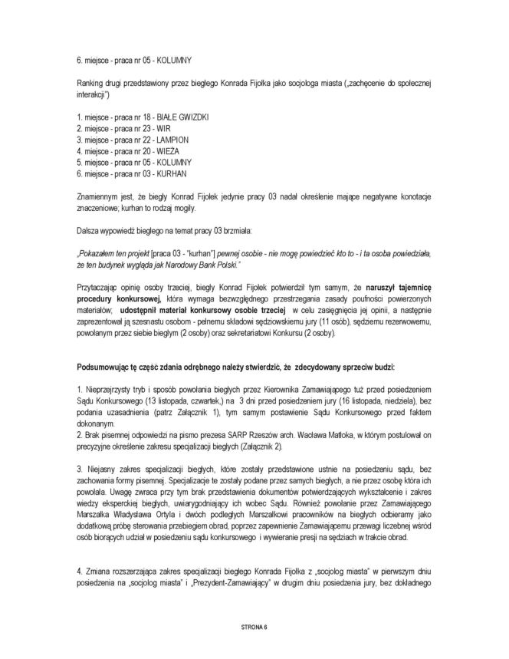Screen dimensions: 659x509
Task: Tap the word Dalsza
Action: pyautogui.click(x=87, y=229)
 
